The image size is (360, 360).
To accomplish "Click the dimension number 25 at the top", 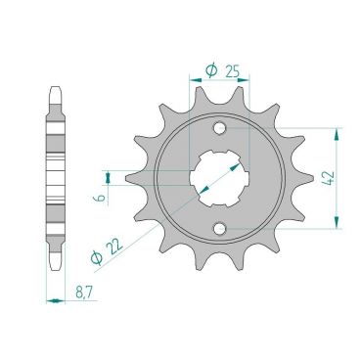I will click(231, 71).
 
